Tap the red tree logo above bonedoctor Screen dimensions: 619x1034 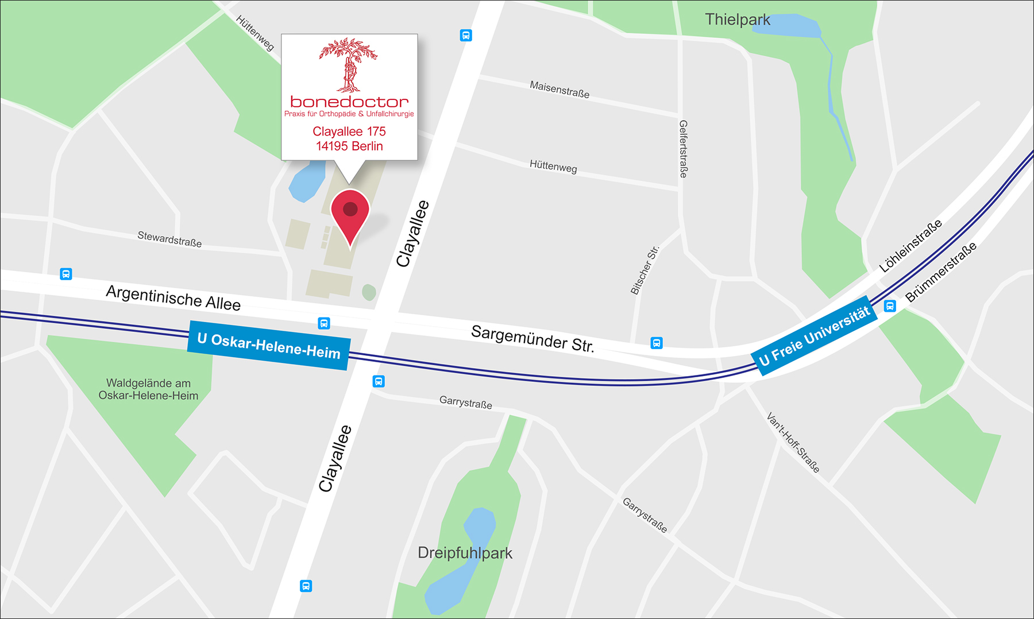click(348, 65)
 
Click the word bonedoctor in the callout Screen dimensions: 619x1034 click(349, 102)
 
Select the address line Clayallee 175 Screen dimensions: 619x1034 click(349, 131)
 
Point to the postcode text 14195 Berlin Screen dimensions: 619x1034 click(349, 146)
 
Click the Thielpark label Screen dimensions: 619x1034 click(737, 20)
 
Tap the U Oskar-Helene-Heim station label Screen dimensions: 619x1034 click(269, 346)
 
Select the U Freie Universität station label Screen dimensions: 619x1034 click(815, 336)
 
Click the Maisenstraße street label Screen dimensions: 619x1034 click(559, 90)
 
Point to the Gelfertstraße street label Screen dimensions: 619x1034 click(683, 149)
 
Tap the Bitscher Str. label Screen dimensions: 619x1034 click(645, 270)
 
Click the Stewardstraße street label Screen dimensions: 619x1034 click(169, 239)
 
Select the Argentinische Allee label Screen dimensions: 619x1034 click(173, 297)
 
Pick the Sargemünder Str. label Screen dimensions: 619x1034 click(533, 338)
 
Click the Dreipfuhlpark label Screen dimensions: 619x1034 click(465, 553)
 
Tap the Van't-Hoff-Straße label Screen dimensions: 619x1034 click(793, 442)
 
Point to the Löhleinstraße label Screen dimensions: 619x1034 click(910, 246)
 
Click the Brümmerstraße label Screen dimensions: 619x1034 click(940, 272)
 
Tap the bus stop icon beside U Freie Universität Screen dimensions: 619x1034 click(890, 306)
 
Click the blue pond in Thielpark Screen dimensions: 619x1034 click(787, 26)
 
